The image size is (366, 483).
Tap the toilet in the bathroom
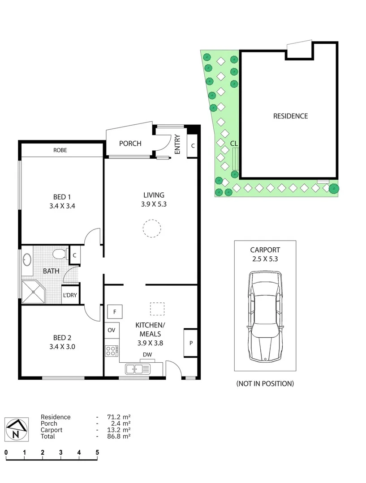point(59,255)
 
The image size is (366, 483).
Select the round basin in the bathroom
point(27,259)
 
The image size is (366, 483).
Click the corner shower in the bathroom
point(34,292)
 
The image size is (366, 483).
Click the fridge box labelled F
point(115,311)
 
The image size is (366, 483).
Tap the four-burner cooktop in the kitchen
point(112,351)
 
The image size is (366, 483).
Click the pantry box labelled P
point(191,343)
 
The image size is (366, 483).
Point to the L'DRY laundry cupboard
point(69,295)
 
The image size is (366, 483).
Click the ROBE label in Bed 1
point(60,150)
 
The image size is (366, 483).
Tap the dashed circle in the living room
point(151,228)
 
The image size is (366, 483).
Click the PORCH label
point(130,144)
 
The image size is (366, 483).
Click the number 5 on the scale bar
point(97,453)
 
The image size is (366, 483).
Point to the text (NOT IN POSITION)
point(265,383)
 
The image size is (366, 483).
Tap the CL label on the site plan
point(234,143)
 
